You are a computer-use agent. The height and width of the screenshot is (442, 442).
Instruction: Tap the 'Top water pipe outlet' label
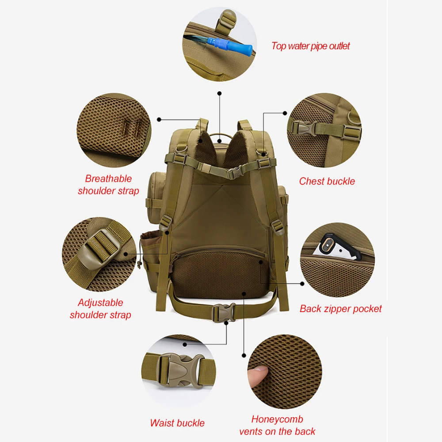click(x=311, y=46)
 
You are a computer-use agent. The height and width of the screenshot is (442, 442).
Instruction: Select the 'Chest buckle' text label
click(x=327, y=181)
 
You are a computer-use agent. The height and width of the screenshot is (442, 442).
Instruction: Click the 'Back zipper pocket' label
click(x=340, y=309)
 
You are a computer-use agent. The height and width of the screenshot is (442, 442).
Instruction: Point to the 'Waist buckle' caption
click(x=177, y=423)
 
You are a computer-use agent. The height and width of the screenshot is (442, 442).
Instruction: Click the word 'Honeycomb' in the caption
click(x=277, y=419)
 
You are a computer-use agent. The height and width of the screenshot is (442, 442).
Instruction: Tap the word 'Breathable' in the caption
click(x=109, y=179)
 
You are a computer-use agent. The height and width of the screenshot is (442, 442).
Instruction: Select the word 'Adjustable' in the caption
click(x=101, y=302)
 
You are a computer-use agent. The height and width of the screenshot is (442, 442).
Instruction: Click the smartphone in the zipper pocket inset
click(x=338, y=246)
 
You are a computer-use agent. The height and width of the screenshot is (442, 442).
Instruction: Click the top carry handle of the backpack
click(x=220, y=136)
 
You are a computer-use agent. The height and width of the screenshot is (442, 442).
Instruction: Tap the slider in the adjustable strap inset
click(x=102, y=246)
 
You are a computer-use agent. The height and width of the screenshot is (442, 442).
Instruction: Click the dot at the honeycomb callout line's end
click(x=244, y=355)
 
